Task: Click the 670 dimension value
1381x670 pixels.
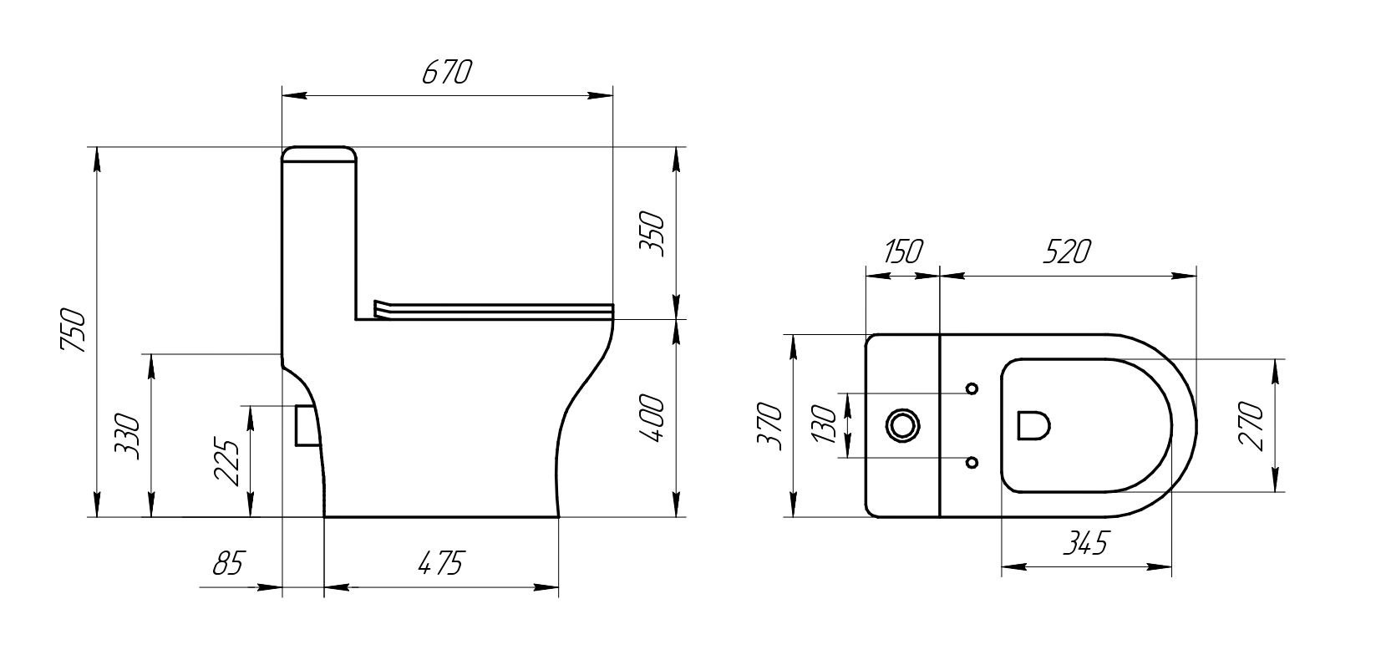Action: [447, 74]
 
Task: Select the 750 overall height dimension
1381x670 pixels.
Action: [74, 331]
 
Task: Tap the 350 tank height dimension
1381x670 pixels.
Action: [652, 235]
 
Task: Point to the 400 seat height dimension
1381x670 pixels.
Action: [652, 419]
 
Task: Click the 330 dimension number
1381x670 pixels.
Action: [127, 435]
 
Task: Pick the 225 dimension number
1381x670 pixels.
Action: [227, 461]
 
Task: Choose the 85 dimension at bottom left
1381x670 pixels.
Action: [227, 564]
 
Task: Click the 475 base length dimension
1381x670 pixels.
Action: [439, 564]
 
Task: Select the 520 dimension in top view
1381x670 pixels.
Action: [1067, 251]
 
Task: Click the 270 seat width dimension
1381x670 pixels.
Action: [1252, 426]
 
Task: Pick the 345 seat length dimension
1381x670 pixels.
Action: [1085, 544]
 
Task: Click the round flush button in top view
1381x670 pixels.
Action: [903, 425]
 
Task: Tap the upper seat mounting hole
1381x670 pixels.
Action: [972, 388]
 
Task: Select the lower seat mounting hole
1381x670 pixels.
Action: [972, 462]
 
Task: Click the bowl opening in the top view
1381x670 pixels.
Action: [1033, 425]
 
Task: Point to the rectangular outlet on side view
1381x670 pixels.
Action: [307, 424]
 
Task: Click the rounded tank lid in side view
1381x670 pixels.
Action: [319, 153]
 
